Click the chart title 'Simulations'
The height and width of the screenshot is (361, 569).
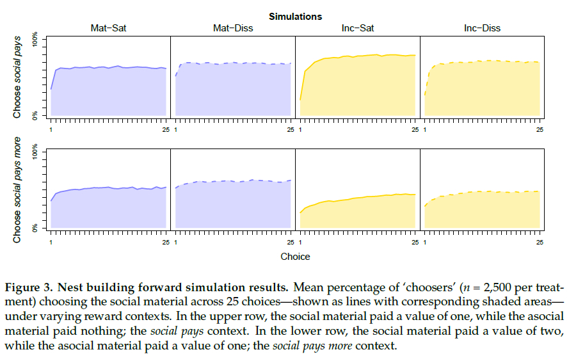coord(295,16)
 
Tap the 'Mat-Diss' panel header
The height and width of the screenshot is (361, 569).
coord(232,28)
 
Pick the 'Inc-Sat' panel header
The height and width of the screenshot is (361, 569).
coord(358,28)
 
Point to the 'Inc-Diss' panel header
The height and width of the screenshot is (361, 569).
coord(482,28)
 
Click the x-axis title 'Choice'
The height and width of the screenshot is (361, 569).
coord(295,257)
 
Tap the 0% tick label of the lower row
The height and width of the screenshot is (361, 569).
coord(36,227)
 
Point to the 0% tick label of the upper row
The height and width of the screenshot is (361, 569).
coord(36,115)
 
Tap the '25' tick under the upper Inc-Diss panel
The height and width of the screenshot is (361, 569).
coord(540,130)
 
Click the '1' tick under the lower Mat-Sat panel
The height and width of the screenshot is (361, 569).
coord(51,243)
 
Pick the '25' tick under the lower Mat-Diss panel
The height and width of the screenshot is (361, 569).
coord(291,243)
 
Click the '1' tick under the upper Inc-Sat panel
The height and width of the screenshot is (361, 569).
coord(300,130)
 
